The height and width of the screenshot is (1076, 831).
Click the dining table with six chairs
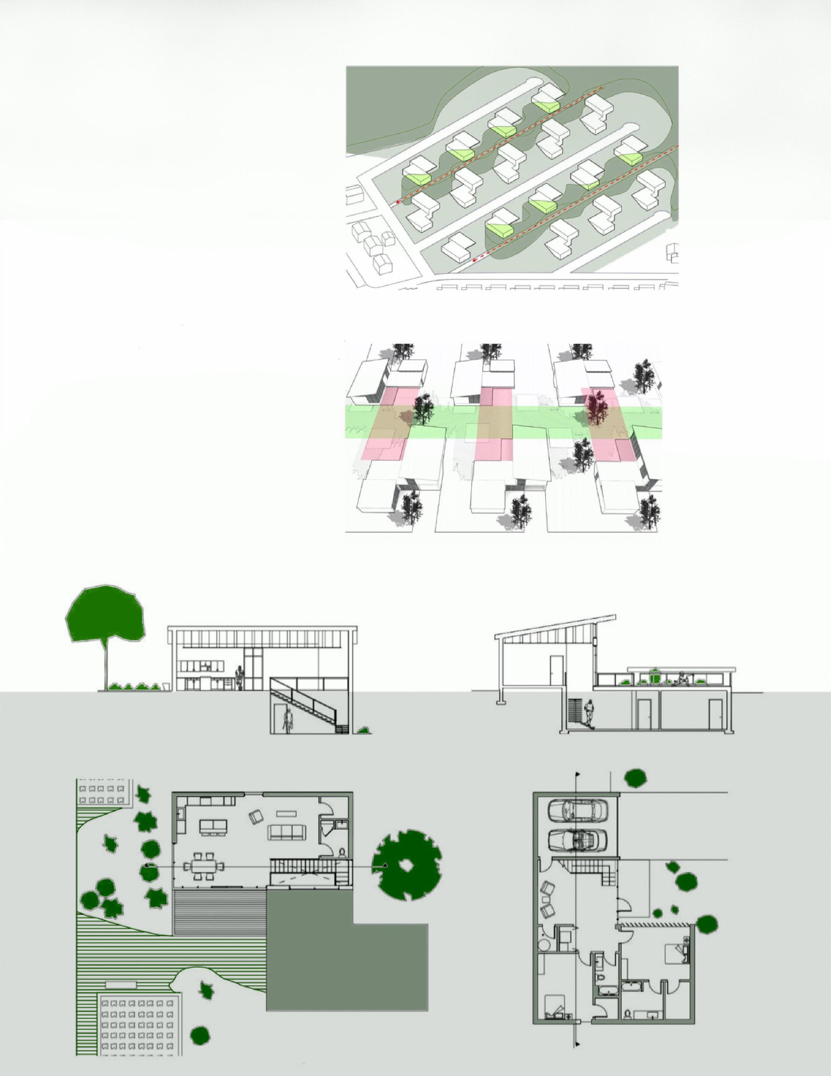[204, 865]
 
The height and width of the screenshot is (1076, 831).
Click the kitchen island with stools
[214, 826]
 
